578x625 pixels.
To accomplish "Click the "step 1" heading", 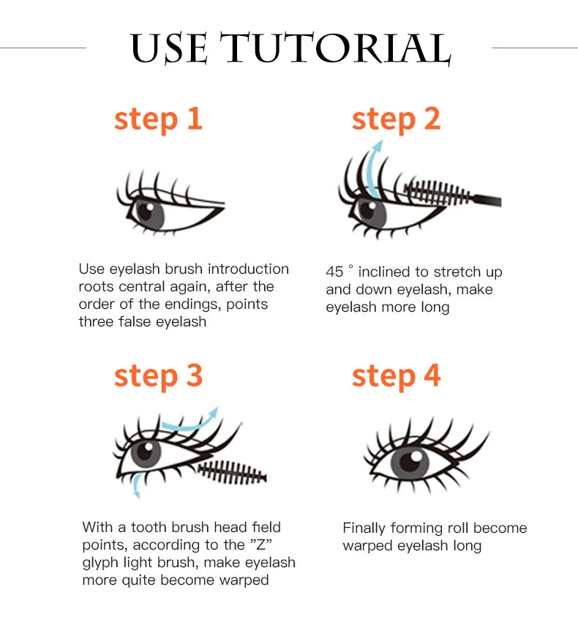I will click(158, 119).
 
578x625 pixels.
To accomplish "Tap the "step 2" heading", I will click(396, 119).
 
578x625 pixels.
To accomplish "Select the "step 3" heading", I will click(158, 375).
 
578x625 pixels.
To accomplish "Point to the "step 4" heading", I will click(396, 375).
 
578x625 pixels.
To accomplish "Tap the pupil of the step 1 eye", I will click(146, 212).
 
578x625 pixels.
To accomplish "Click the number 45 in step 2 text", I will click(334, 272).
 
